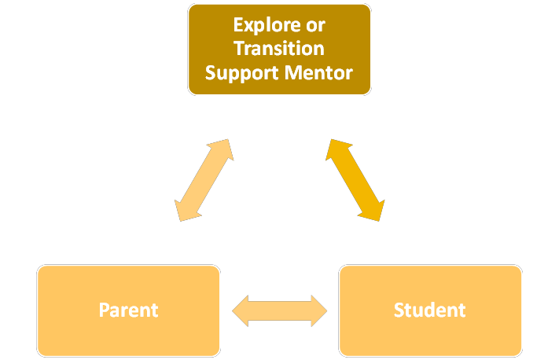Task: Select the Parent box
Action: [x=128, y=310]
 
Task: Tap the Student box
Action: [x=430, y=310]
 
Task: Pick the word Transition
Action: [x=279, y=49]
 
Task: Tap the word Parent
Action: [x=128, y=310]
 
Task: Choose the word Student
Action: [x=430, y=310]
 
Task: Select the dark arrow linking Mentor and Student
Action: [x=355, y=180]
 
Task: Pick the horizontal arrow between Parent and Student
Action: [x=279, y=310]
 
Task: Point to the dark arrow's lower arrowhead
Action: [x=375, y=210]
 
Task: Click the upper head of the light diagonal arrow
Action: [x=223, y=149]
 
